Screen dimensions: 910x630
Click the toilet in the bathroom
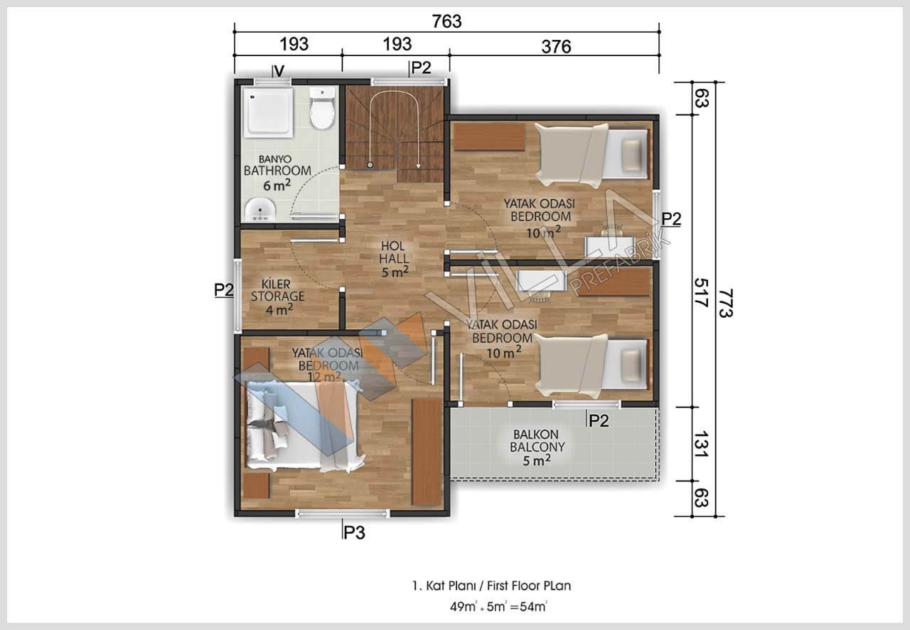322,108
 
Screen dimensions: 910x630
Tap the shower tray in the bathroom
268,112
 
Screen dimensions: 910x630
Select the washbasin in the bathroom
260,210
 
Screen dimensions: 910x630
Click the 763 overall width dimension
446,21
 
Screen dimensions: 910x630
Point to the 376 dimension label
556,47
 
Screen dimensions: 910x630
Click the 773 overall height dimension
726,303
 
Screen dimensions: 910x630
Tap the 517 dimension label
701,293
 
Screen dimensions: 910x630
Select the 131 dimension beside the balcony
701,444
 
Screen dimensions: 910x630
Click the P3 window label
354,533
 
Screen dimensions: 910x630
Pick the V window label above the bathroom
279,71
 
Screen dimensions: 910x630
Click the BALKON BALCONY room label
537,441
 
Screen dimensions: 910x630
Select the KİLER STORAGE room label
277,290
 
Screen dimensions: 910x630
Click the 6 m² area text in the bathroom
277,186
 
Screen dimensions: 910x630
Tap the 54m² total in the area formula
533,607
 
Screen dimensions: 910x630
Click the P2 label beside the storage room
224,290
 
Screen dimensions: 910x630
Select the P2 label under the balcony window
599,421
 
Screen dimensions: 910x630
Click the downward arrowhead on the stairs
419,166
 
